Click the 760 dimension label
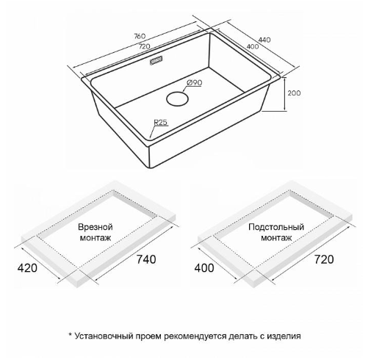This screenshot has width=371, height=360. [x=140, y=36]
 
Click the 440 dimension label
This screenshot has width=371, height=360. [x=264, y=40]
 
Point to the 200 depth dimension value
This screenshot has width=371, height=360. [x=294, y=93]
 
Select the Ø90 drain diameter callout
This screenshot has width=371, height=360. [x=195, y=83]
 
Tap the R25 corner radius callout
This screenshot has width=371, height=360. [x=161, y=122]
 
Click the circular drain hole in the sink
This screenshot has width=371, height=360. [x=177, y=98]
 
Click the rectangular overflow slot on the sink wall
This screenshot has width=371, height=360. [x=156, y=60]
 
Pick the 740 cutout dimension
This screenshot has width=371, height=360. [x=146, y=259]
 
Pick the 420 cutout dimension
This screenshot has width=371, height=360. [x=27, y=268]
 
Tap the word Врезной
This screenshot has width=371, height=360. [x=96, y=227]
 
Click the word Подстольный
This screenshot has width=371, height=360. [x=276, y=227]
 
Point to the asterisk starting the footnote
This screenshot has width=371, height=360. [x=71, y=334]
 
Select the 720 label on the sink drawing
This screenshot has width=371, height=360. [x=144, y=46]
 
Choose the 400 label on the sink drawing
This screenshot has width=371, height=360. [x=253, y=46]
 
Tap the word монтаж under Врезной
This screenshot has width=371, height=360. [x=96, y=238]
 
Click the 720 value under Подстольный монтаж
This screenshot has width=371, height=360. [x=324, y=259]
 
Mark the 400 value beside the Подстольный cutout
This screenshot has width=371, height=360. [x=204, y=268]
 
